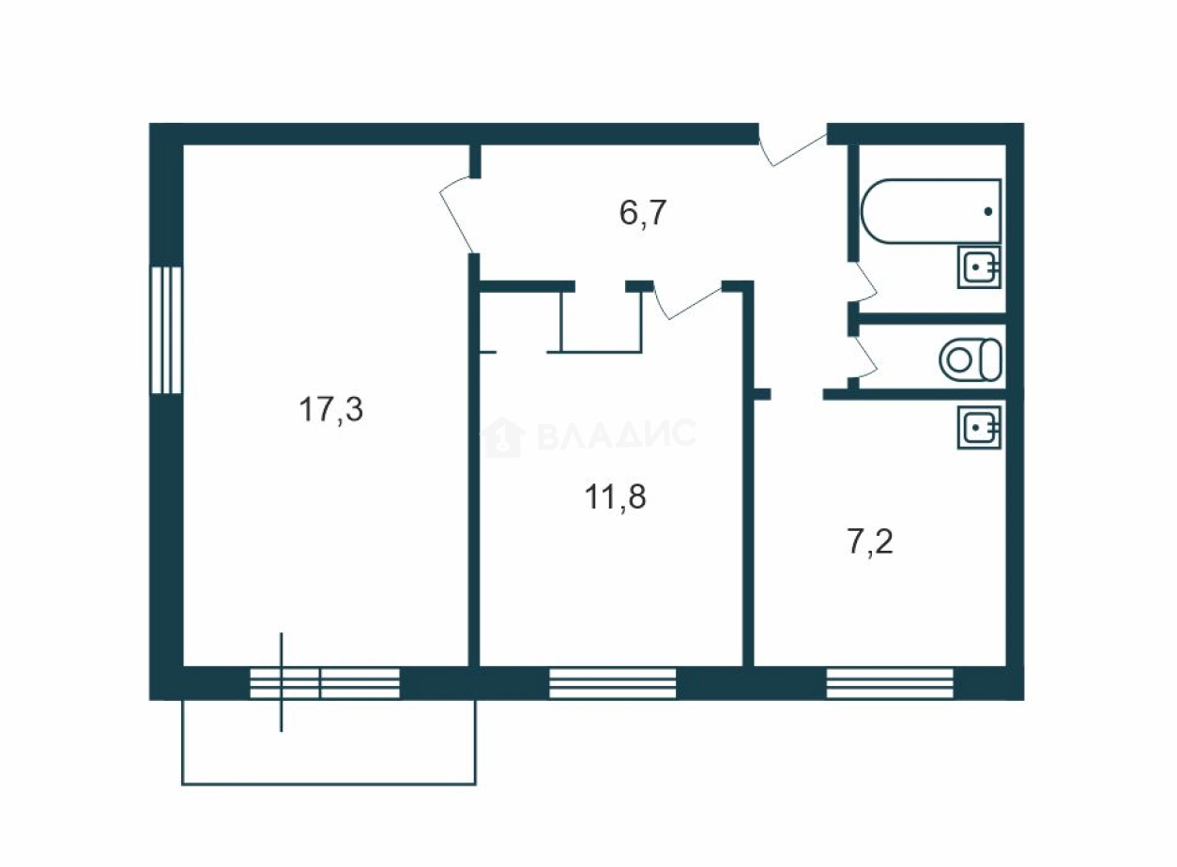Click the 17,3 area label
(331, 410)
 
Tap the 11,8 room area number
(616, 496)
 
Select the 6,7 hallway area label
(643, 213)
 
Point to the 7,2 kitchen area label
(871, 541)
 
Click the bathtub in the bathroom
(931, 211)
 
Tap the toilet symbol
(971, 359)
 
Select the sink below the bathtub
(979, 267)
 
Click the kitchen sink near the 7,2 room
(979, 428)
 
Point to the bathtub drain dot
(987, 212)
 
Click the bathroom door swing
(863, 282)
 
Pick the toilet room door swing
(863, 358)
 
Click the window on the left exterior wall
(166, 330)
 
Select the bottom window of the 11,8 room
(612, 683)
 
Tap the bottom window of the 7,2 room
(890, 683)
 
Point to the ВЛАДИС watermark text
(618, 434)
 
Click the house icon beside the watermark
(503, 437)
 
